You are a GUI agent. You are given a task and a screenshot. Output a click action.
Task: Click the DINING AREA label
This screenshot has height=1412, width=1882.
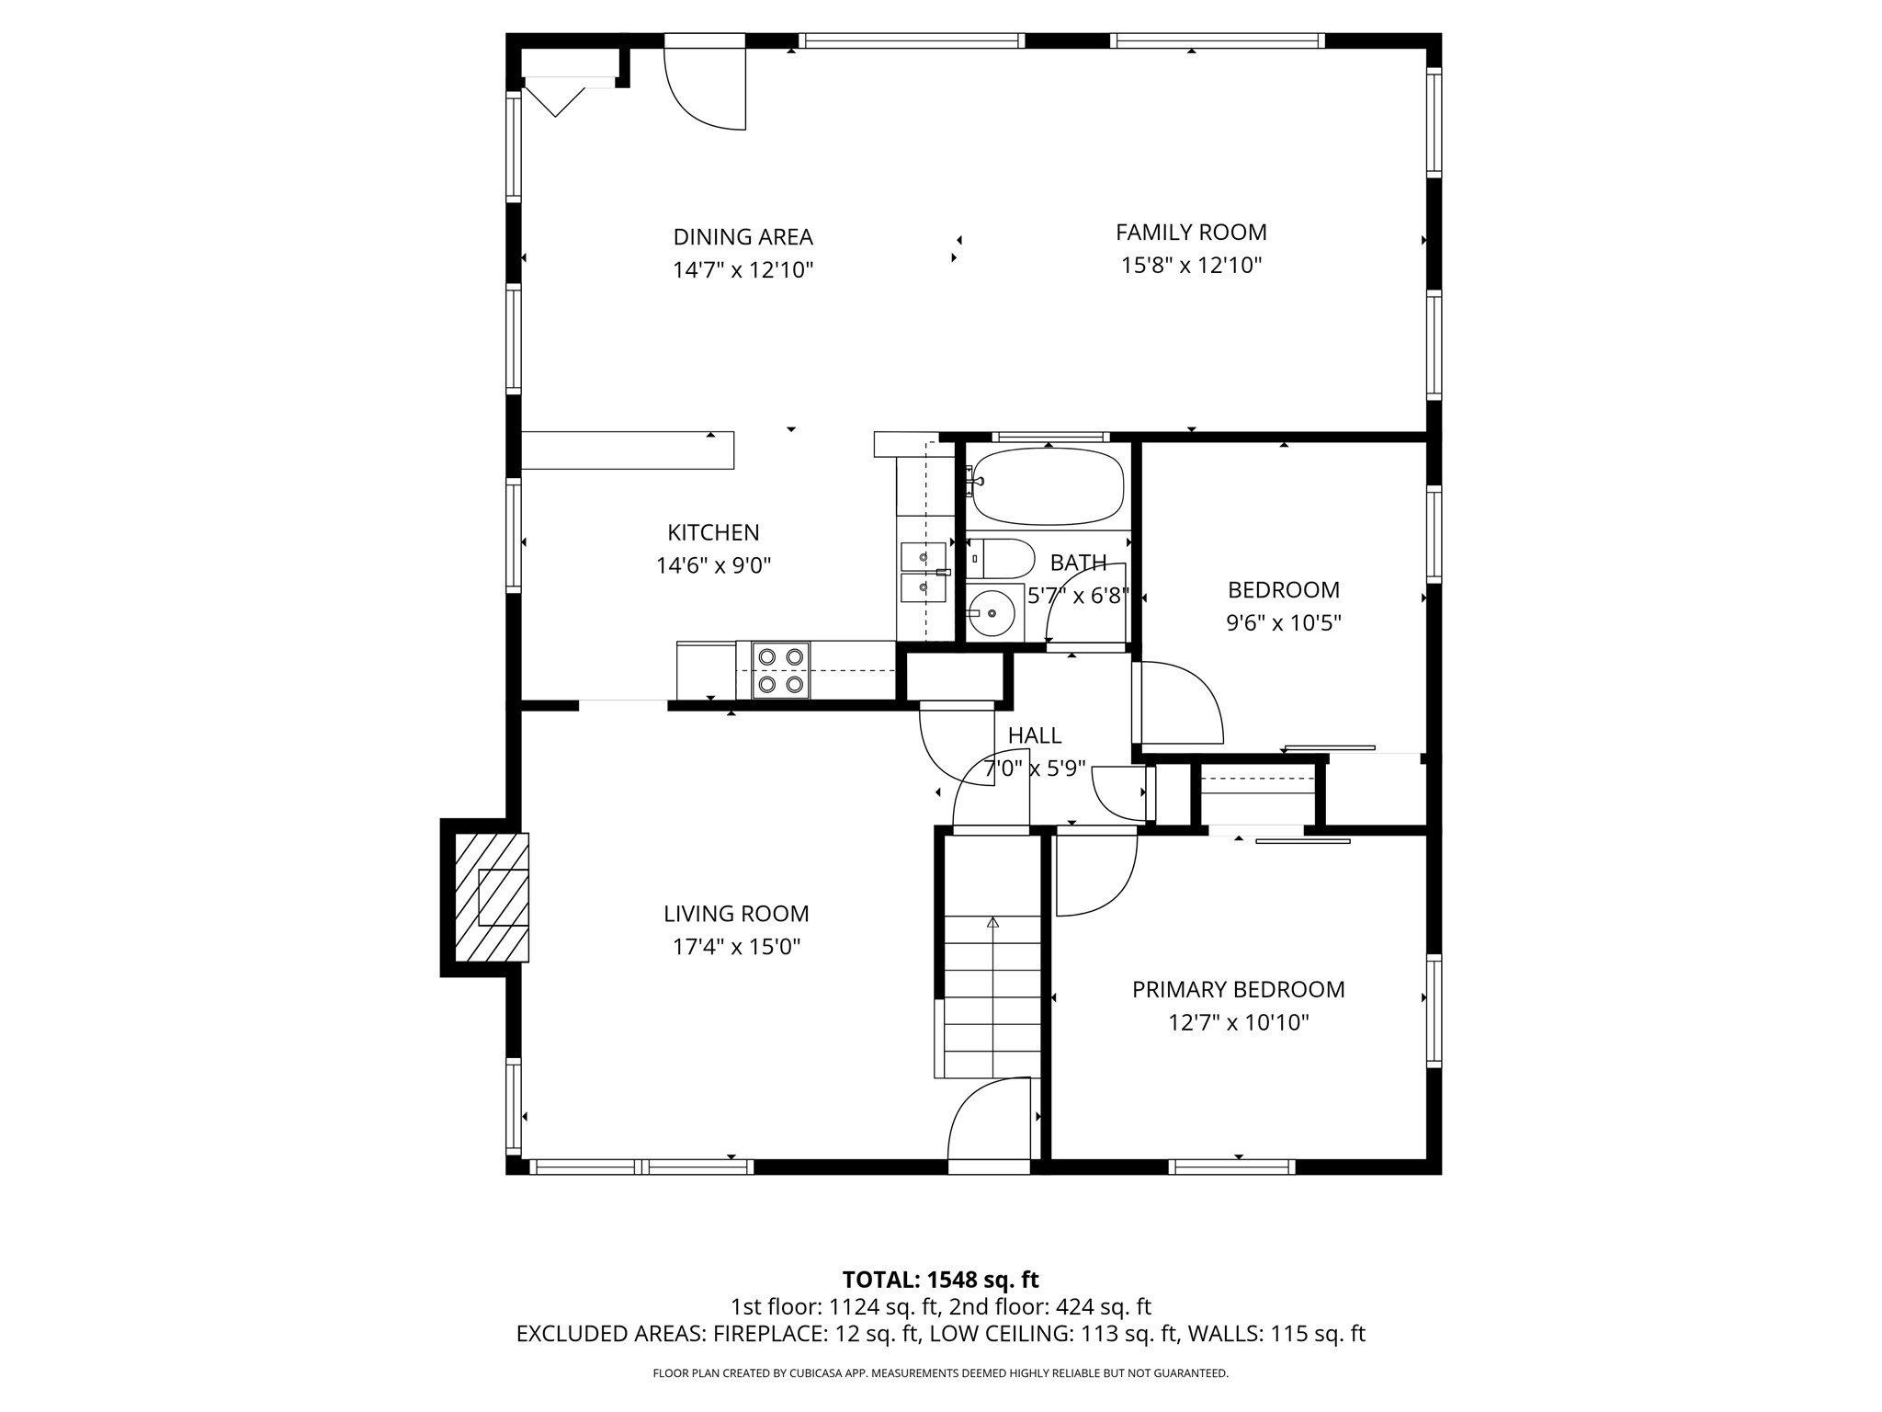point(743,237)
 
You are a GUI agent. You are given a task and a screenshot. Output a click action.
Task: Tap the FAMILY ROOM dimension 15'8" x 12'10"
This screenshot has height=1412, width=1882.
point(1191,266)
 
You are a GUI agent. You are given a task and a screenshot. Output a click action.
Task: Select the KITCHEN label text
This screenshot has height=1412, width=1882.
point(713,532)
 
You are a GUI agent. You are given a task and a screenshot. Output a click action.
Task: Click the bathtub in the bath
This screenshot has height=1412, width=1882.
point(1048,485)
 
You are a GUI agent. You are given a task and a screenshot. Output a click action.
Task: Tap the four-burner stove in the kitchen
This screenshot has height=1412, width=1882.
point(780,670)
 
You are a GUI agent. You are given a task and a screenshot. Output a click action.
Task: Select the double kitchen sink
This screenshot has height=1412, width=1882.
point(924,572)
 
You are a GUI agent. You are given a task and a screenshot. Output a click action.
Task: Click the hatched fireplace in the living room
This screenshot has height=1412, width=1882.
point(492,897)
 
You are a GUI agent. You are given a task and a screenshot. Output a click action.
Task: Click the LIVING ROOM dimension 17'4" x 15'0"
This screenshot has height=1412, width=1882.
point(736,947)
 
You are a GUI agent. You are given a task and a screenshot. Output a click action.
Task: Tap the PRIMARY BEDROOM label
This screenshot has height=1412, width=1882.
point(1238,989)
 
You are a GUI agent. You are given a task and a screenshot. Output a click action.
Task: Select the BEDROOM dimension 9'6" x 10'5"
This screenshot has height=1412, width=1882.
point(1283,623)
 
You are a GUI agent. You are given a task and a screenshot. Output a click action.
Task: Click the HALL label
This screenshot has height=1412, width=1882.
point(1035,735)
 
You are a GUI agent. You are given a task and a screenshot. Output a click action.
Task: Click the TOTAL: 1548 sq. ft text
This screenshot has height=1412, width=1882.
point(940,1280)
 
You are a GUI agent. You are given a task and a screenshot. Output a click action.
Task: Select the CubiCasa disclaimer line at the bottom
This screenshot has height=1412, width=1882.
point(940,1373)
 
